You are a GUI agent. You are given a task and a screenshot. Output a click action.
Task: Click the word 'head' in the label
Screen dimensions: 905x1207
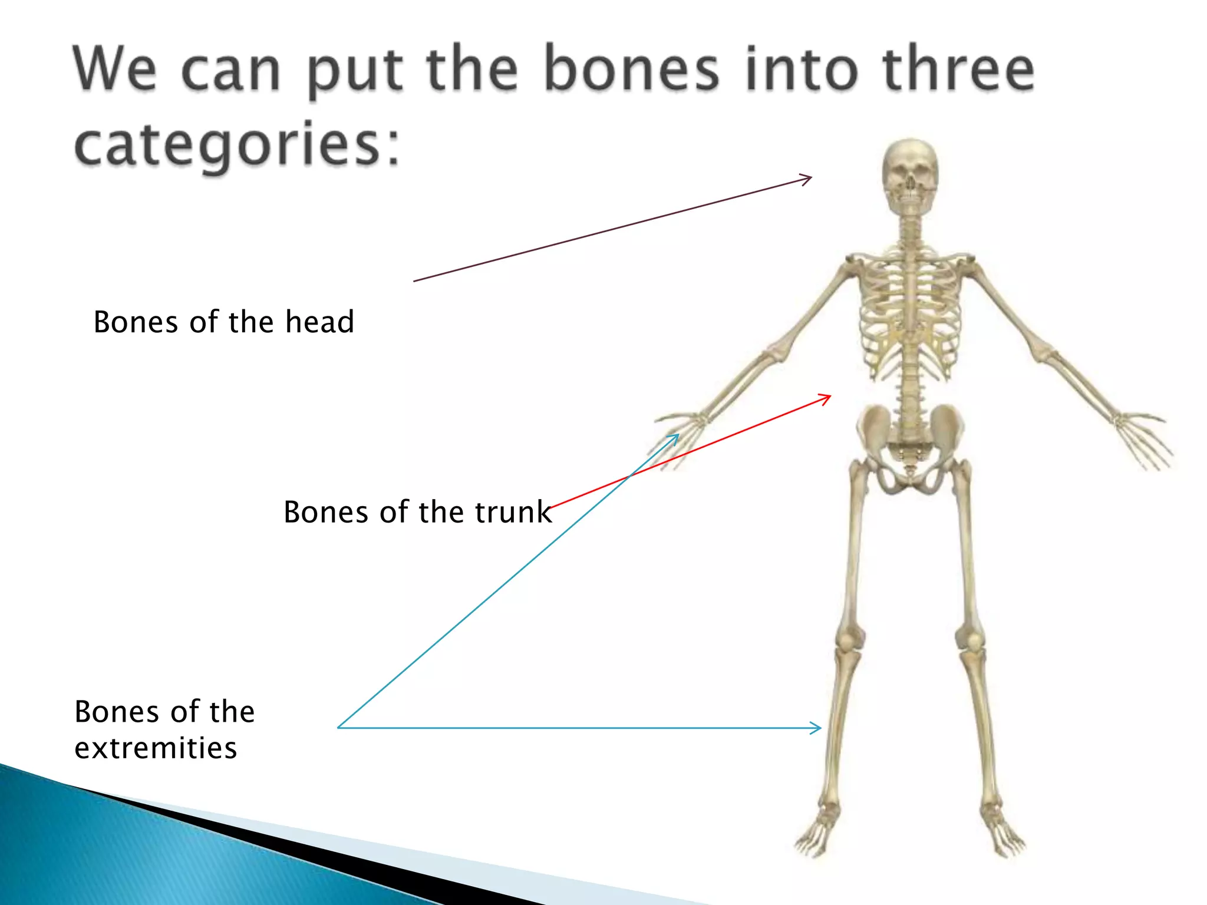tap(319, 322)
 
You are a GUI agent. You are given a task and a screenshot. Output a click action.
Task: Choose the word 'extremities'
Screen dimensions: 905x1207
tap(156, 748)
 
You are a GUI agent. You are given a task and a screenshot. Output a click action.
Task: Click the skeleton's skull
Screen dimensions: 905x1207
tap(911, 174)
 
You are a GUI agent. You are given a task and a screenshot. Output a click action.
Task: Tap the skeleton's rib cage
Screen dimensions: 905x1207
tap(911, 312)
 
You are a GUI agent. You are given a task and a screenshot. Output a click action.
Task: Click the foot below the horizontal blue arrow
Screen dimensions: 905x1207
tap(816, 831)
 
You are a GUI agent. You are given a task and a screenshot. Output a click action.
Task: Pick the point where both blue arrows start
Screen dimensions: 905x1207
tap(338, 728)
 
